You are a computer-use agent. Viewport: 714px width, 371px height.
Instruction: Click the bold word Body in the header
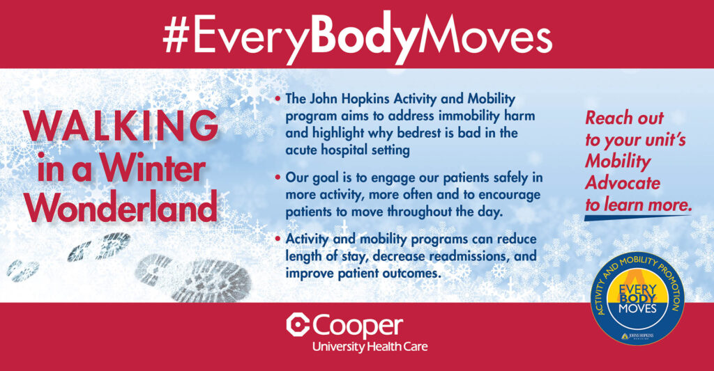tap(363, 36)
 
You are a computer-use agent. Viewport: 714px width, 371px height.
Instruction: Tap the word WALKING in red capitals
tap(121, 126)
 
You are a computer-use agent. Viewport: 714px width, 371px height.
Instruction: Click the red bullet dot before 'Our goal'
tap(278, 177)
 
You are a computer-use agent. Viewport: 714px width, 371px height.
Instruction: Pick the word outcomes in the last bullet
tap(413, 274)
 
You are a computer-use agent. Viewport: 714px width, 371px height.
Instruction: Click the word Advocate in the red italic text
tap(623, 183)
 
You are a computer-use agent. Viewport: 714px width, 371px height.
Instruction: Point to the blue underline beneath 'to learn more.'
tap(637, 218)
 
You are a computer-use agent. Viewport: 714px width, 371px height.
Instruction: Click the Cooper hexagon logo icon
tap(298, 325)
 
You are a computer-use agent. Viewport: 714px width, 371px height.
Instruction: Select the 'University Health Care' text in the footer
tap(370, 347)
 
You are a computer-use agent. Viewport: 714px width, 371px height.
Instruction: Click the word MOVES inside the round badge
tap(637, 309)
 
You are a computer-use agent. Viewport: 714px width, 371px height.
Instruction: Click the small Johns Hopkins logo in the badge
tap(637, 336)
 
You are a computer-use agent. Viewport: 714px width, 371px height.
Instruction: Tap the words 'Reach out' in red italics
tap(624, 118)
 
